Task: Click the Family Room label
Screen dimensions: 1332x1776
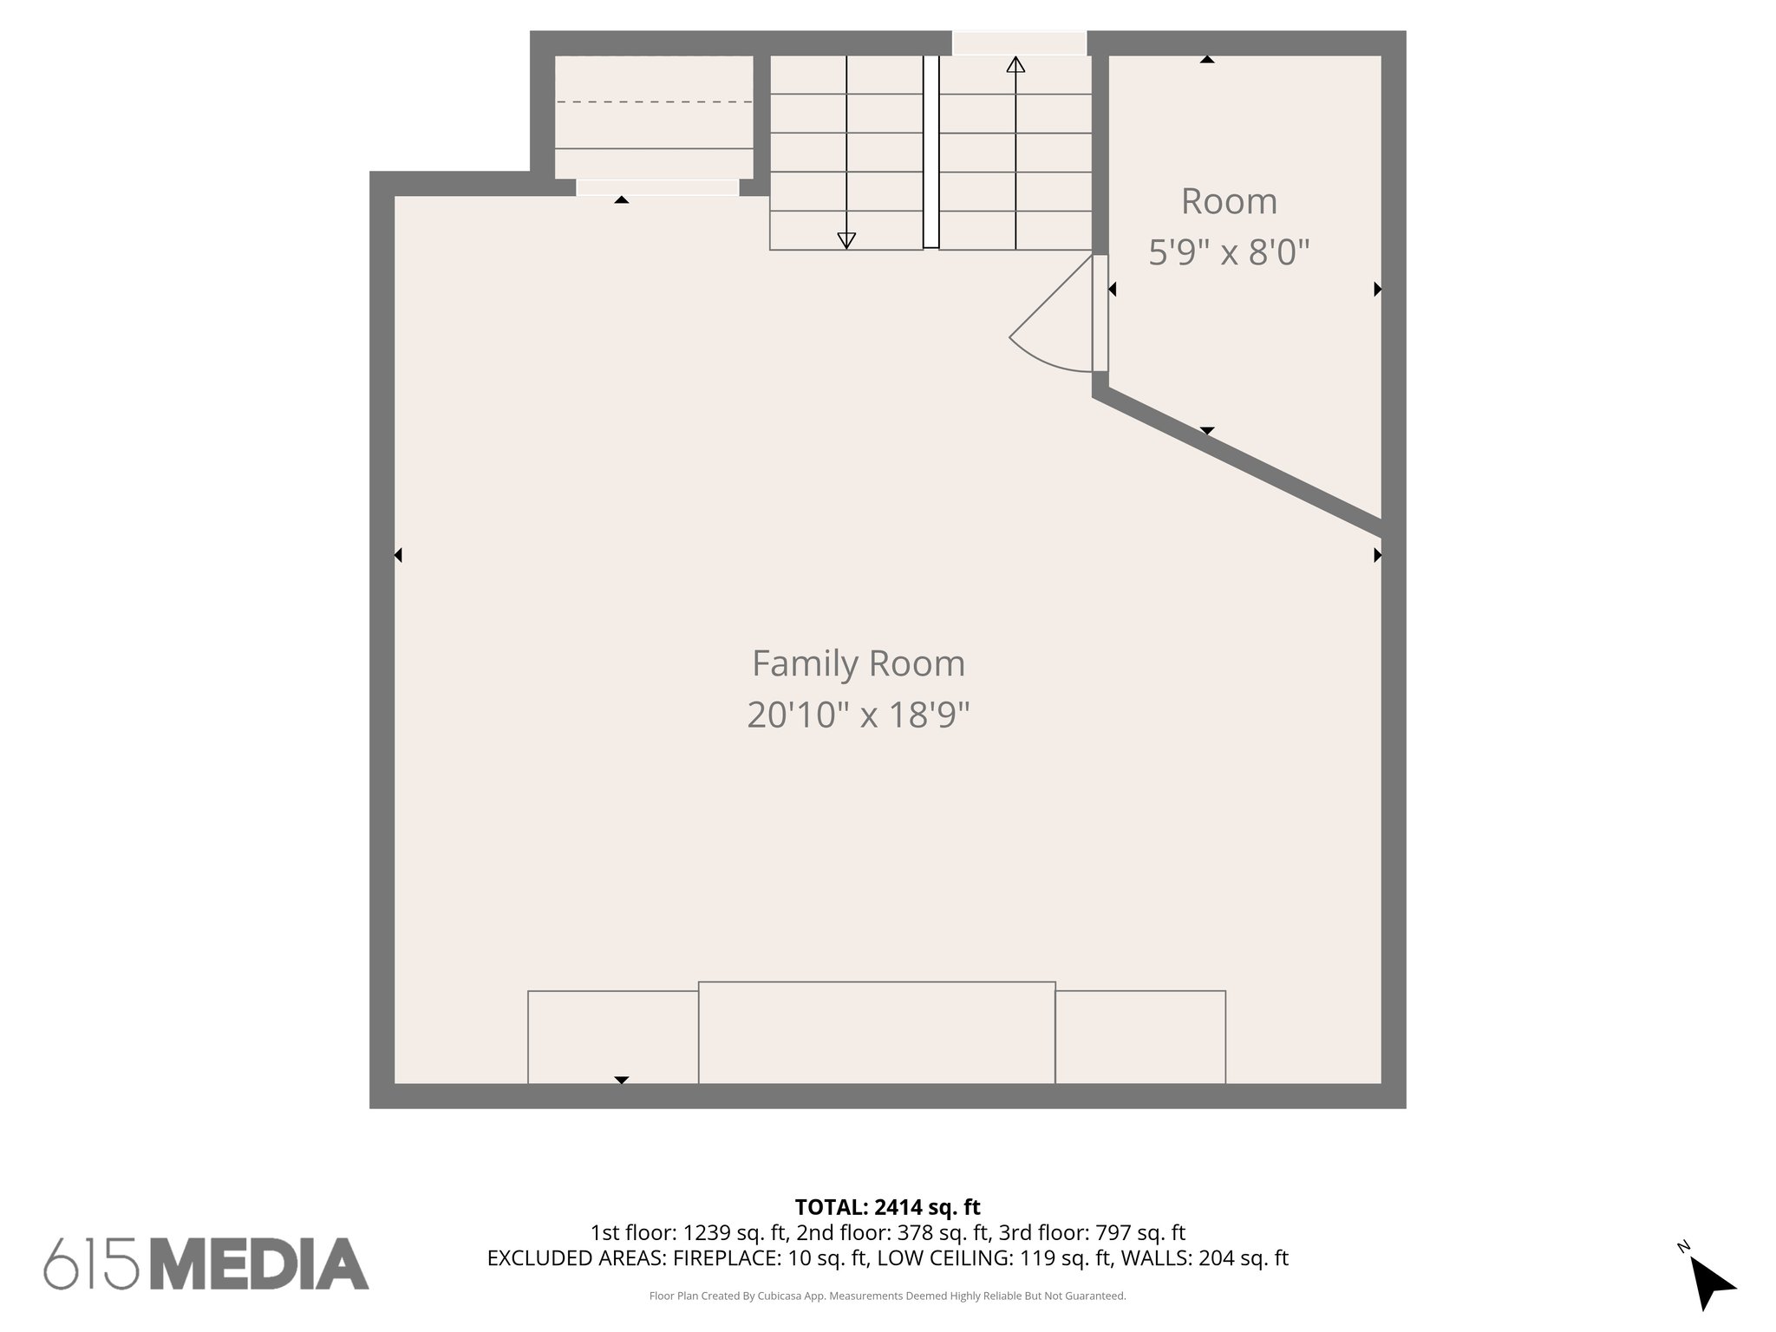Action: (858, 664)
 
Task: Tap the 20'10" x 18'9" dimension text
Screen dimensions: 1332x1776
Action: (858, 715)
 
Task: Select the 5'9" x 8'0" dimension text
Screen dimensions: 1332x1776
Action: (1228, 252)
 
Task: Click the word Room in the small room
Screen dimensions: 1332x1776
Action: (1228, 201)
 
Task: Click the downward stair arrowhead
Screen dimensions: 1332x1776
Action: (846, 240)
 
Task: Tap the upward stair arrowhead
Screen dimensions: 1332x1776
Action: (1015, 65)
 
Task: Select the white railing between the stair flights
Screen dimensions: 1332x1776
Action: (930, 152)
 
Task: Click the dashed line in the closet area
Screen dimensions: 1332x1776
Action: (654, 102)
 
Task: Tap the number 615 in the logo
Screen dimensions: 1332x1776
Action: (91, 1264)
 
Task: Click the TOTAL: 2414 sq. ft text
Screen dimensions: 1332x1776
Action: (887, 1207)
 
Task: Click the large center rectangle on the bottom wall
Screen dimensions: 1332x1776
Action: (877, 1032)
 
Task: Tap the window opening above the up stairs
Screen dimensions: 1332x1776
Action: (1019, 43)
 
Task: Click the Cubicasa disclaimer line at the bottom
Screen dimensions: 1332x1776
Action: (887, 1296)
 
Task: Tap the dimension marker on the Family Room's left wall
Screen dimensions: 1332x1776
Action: (398, 555)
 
